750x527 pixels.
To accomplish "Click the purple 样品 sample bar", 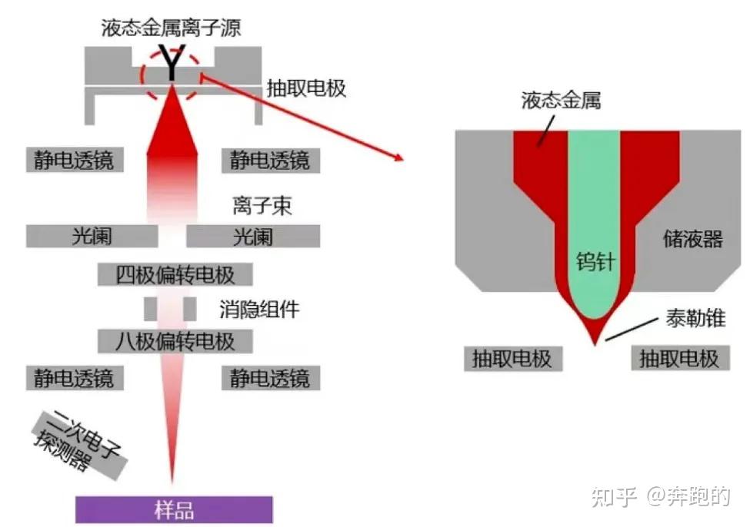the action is [174, 509].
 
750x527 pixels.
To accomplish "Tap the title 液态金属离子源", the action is [171, 28].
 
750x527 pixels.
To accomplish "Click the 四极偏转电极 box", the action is [175, 274].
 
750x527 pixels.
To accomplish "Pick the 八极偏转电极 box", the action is [175, 340].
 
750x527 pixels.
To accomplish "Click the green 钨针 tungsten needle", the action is [594, 230].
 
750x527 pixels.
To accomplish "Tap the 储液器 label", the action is [692, 239].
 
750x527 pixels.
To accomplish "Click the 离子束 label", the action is [262, 206].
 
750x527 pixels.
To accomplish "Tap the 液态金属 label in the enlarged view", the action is [560, 100].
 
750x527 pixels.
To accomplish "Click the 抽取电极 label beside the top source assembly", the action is [306, 88].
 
